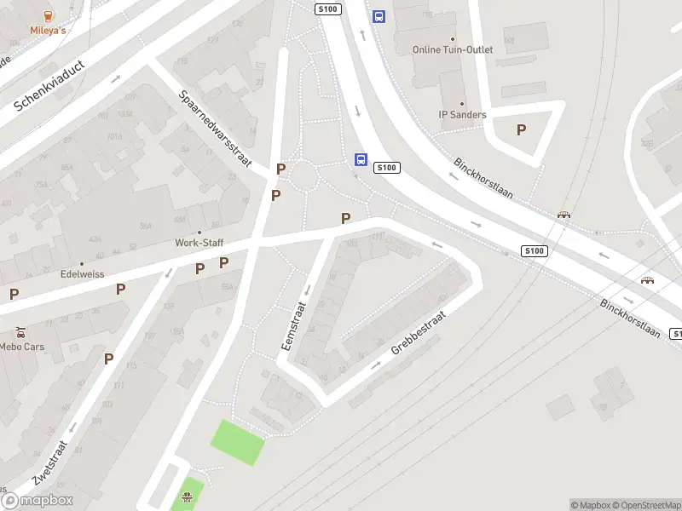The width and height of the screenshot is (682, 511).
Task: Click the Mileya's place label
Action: click(x=49, y=31)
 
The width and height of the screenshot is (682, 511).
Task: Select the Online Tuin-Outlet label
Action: click(x=453, y=49)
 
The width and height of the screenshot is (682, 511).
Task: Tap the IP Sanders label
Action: click(x=462, y=115)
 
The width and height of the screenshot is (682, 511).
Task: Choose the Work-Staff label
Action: click(x=199, y=243)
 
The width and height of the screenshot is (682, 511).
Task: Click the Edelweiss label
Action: click(x=82, y=274)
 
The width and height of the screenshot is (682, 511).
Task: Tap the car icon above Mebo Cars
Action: click(x=20, y=332)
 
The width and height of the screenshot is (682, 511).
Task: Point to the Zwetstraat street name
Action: click(x=49, y=460)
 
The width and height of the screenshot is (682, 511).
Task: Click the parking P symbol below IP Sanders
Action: click(x=521, y=130)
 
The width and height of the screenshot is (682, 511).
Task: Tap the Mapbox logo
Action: click(x=38, y=500)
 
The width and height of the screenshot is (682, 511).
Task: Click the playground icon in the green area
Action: click(x=188, y=497)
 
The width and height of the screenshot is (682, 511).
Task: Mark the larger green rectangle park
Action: click(x=239, y=442)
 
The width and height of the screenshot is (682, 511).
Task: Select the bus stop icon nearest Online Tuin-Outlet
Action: click(x=379, y=16)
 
